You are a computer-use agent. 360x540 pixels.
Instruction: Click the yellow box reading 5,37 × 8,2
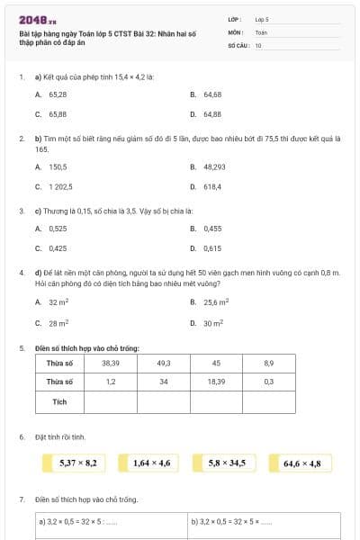coord(77,463)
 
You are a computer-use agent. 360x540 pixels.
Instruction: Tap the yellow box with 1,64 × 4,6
coord(151,463)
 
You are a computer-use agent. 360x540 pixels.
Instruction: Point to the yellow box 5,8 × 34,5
coord(227,463)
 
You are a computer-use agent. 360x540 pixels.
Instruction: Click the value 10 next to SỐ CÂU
coord(258,44)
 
